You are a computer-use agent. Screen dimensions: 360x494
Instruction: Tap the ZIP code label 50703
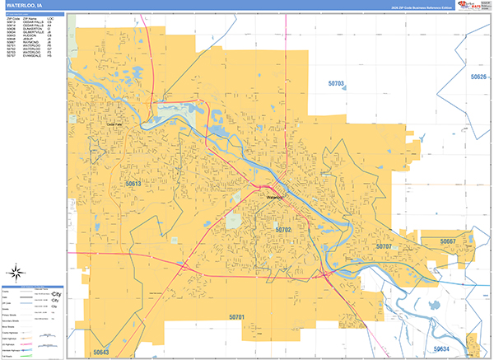point(336,84)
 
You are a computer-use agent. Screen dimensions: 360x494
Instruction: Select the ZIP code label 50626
point(479,77)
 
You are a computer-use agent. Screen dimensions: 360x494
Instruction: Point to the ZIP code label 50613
point(133,184)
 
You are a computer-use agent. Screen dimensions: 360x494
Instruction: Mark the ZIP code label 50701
point(238,317)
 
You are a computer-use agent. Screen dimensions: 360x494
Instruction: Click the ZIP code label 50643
point(100,352)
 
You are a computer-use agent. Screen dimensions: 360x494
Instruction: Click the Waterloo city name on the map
point(274,198)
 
